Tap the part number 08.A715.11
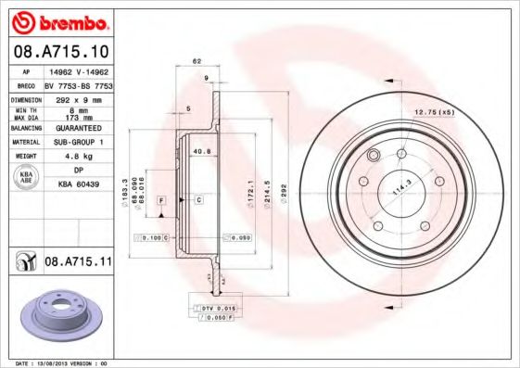(78, 262)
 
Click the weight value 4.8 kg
(75, 157)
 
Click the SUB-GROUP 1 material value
(75, 142)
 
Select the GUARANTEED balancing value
(75, 128)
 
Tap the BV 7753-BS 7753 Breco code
(75, 83)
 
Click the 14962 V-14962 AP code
(75, 70)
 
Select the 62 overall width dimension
(197, 61)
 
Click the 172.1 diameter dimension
(250, 190)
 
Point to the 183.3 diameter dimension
(125, 190)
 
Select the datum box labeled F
(161, 200)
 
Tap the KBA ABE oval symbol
(27, 178)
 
